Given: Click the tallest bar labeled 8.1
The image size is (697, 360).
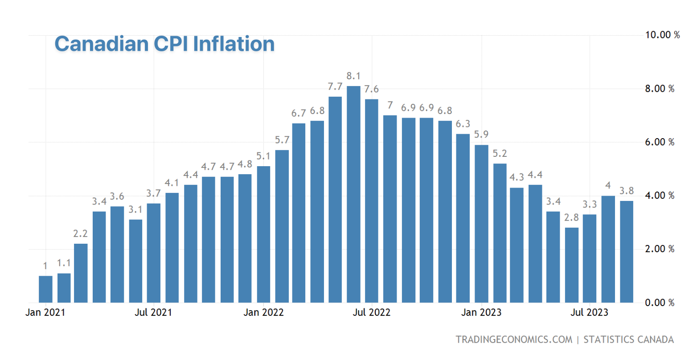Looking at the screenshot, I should (353, 194).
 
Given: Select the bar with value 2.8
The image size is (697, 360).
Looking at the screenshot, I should (571, 265).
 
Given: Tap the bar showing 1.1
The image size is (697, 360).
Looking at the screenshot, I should (64, 288).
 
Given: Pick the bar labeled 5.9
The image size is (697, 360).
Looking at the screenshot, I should (481, 224).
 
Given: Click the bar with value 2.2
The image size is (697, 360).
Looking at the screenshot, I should (81, 273).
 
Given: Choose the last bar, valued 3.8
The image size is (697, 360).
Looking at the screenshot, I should (626, 252).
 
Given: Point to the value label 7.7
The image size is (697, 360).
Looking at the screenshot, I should (335, 86).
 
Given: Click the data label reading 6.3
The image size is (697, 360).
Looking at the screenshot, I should (463, 124).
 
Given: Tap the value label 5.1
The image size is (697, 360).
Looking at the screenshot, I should (263, 156).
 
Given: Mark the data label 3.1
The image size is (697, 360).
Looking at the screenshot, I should (135, 209).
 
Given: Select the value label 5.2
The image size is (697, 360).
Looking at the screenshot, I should (500, 154).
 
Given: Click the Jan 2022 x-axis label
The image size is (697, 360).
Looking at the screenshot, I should (263, 312).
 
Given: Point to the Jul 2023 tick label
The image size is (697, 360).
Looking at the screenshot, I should (589, 312).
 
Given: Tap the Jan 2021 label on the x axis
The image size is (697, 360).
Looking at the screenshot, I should (45, 312).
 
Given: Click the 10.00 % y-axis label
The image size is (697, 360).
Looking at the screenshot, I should (662, 35).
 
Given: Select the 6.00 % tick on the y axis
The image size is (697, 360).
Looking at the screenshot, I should (660, 143).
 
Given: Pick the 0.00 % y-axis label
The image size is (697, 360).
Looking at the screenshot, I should (660, 303).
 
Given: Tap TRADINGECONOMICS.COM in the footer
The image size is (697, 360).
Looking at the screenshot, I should (514, 340).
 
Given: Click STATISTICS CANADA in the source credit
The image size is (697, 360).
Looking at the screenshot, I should (628, 340).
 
